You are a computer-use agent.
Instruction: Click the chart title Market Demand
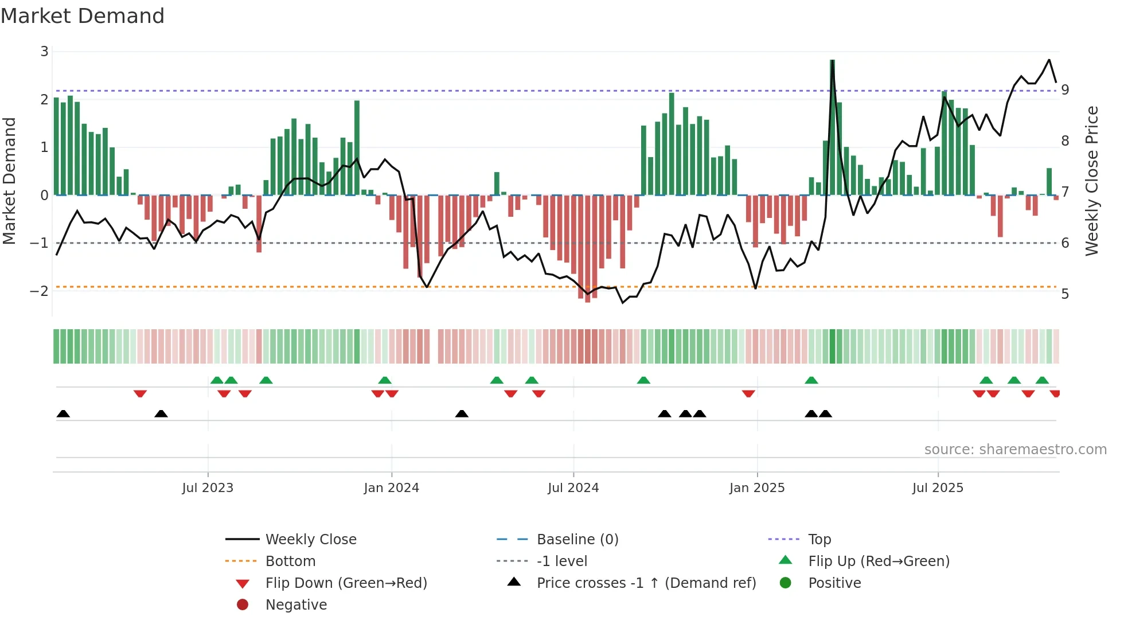(x=83, y=16)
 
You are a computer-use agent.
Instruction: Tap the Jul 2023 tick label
(x=208, y=488)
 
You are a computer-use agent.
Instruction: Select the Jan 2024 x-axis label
(x=391, y=488)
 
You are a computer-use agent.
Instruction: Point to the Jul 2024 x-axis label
(x=573, y=488)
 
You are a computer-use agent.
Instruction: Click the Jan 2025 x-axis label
(x=757, y=488)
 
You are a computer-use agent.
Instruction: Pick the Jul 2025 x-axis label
(x=938, y=488)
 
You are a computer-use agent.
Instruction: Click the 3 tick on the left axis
(x=44, y=52)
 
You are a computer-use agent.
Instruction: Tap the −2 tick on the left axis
(x=40, y=291)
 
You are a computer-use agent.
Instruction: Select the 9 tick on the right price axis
(x=1065, y=90)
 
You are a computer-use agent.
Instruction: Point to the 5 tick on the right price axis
(x=1065, y=294)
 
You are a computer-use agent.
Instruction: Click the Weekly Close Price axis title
(x=1092, y=181)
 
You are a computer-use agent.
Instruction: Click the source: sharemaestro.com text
(x=1015, y=450)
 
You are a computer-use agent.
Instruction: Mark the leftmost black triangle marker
(x=63, y=413)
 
